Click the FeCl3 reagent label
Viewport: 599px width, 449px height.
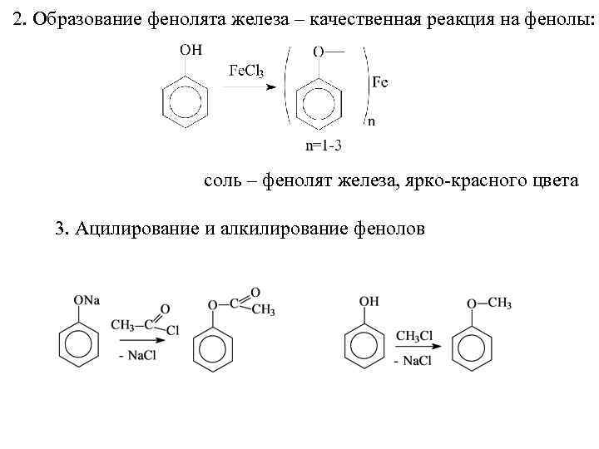[246, 72]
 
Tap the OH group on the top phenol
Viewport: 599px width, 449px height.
[191, 50]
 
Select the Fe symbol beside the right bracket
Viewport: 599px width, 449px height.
[379, 82]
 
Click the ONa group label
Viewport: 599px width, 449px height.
[87, 299]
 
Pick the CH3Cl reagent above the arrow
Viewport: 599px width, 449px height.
[413, 336]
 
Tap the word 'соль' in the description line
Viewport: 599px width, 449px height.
[222, 180]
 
